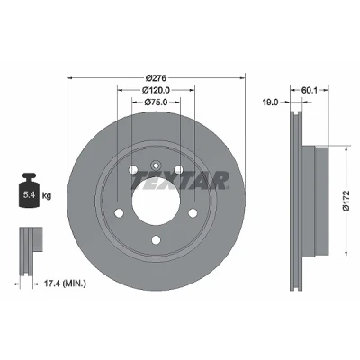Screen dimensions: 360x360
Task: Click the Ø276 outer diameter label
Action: pyautogui.click(x=156, y=78)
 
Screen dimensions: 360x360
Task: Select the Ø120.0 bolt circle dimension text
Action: pyautogui.click(x=156, y=90)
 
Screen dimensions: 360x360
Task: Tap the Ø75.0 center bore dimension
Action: pyautogui.click(x=156, y=103)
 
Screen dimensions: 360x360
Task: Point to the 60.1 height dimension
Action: pyautogui.click(x=309, y=90)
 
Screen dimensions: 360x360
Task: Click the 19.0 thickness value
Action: pyautogui.click(x=270, y=103)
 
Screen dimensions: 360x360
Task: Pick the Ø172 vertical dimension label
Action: pyautogui.click(x=346, y=201)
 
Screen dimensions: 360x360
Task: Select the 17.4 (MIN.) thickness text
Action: pyautogui.click(x=65, y=283)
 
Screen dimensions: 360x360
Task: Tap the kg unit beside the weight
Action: pyautogui.click(x=47, y=196)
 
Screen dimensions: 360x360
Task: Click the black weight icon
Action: pyautogui.click(x=30, y=190)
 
